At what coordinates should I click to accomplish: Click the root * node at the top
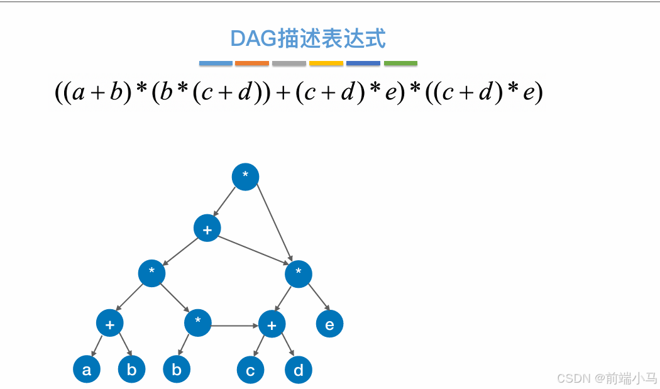(x=245, y=177)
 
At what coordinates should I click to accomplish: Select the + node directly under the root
(x=207, y=228)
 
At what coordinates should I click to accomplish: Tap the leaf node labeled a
(x=87, y=370)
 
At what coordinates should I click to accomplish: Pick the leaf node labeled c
(x=250, y=370)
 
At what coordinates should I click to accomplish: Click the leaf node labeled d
(x=299, y=370)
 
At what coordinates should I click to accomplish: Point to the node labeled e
(x=329, y=324)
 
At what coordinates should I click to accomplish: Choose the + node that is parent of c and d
(x=272, y=325)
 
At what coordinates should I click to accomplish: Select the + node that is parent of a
(x=110, y=324)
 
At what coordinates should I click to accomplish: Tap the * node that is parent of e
(x=299, y=273)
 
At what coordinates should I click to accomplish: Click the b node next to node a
(x=132, y=370)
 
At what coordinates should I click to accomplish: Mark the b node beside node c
(x=177, y=370)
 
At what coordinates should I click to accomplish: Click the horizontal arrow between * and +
(x=234, y=326)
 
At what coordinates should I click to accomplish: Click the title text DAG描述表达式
(x=308, y=39)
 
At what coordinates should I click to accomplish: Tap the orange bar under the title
(x=252, y=63)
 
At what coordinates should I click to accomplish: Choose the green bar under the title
(x=400, y=63)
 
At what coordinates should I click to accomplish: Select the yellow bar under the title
(x=326, y=63)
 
